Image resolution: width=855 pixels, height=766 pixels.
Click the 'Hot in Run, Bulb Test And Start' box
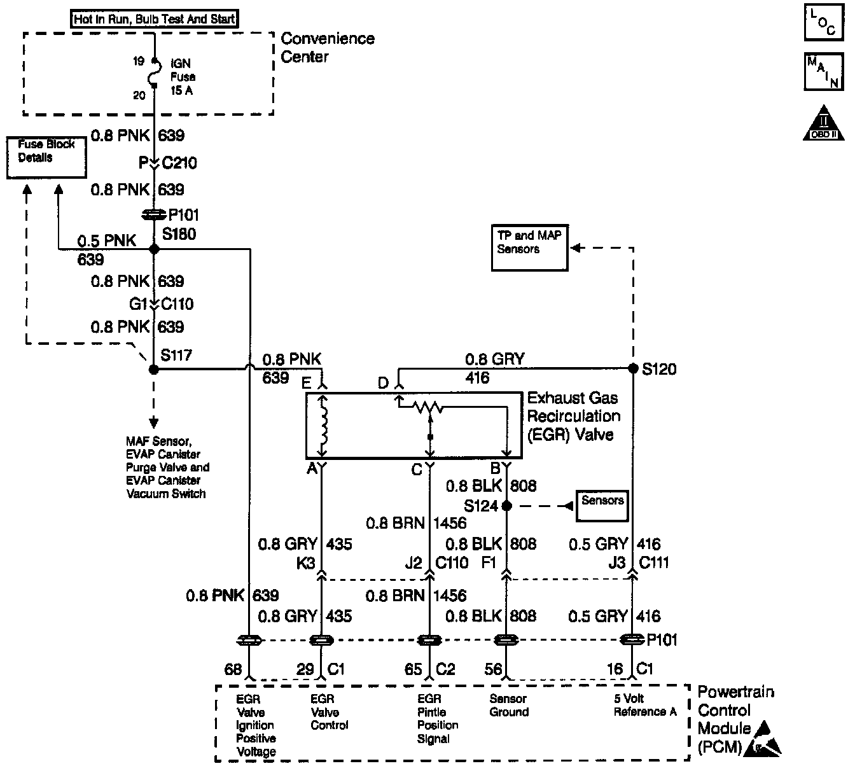tap(154, 18)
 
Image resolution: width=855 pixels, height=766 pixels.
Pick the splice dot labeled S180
tap(153, 249)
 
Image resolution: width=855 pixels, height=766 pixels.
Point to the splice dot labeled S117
tap(153, 369)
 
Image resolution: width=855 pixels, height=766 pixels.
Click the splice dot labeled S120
tap(632, 368)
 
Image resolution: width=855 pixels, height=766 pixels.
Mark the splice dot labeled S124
tap(506, 506)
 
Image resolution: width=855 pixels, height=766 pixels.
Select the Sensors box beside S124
tap(601, 506)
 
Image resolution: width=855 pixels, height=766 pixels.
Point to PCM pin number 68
tap(233, 669)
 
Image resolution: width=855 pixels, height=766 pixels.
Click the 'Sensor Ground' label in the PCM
tap(508, 705)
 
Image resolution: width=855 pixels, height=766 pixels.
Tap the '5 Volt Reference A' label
tap(644, 705)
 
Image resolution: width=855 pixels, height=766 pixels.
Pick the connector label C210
tap(179, 163)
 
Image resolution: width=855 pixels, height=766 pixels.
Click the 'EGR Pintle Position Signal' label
tap(438, 718)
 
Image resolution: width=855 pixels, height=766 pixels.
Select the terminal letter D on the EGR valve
tap(383, 383)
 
